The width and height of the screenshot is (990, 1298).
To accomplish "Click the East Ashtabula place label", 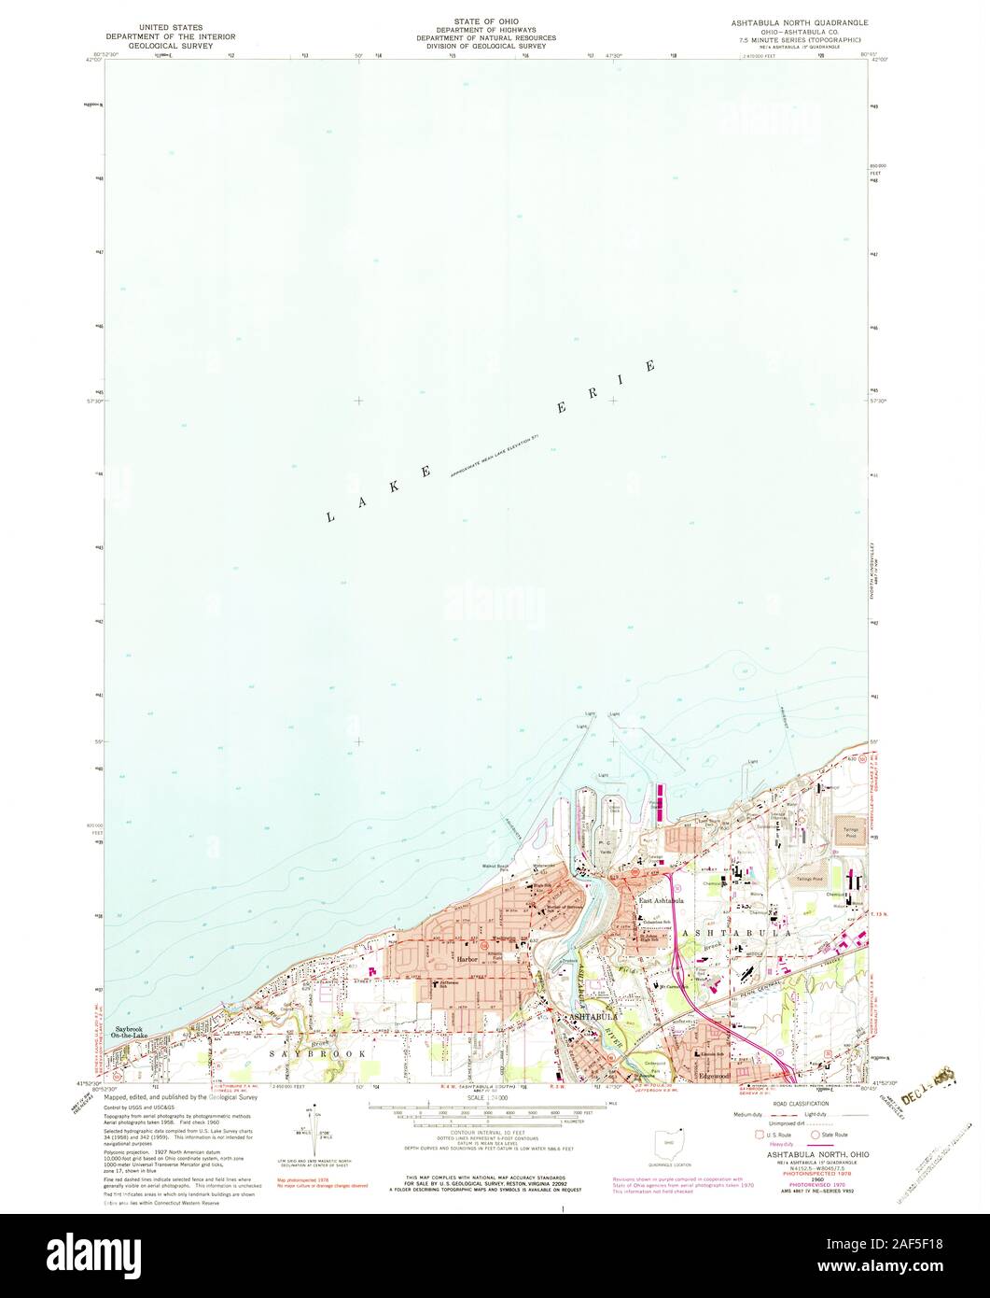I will click(x=662, y=900).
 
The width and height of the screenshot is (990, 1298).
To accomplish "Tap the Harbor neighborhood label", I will click(x=467, y=959).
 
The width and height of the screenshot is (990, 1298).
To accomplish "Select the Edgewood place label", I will click(x=714, y=1075).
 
